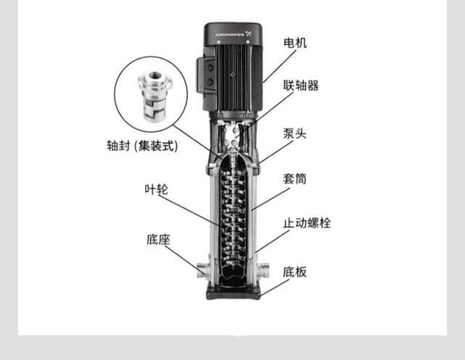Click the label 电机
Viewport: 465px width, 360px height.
[295, 43]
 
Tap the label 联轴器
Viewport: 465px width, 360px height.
[301, 86]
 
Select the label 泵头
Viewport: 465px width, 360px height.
[295, 134]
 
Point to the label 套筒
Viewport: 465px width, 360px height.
[295, 179]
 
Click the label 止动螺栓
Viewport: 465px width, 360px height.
[307, 223]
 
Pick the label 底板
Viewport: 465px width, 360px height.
[295, 272]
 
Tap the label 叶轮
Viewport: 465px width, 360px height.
[156, 189]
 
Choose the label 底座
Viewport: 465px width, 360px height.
[158, 240]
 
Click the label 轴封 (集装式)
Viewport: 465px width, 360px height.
[142, 146]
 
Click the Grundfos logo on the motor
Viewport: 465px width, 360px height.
[234, 34]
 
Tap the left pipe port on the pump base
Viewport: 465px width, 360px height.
[203, 270]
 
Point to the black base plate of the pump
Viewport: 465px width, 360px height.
[234, 293]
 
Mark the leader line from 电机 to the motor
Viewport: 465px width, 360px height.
[279, 66]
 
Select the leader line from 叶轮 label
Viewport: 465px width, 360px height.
[189, 210]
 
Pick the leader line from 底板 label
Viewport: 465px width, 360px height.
[275, 287]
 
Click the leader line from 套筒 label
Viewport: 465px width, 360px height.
[271, 199]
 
